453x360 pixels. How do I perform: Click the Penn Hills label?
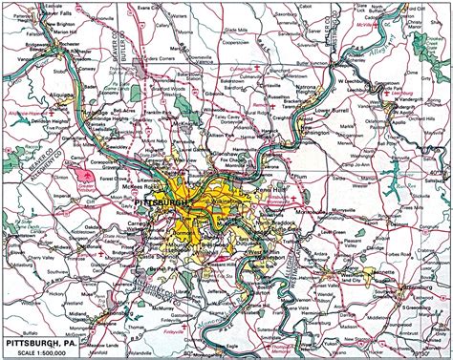tap(268, 191)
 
